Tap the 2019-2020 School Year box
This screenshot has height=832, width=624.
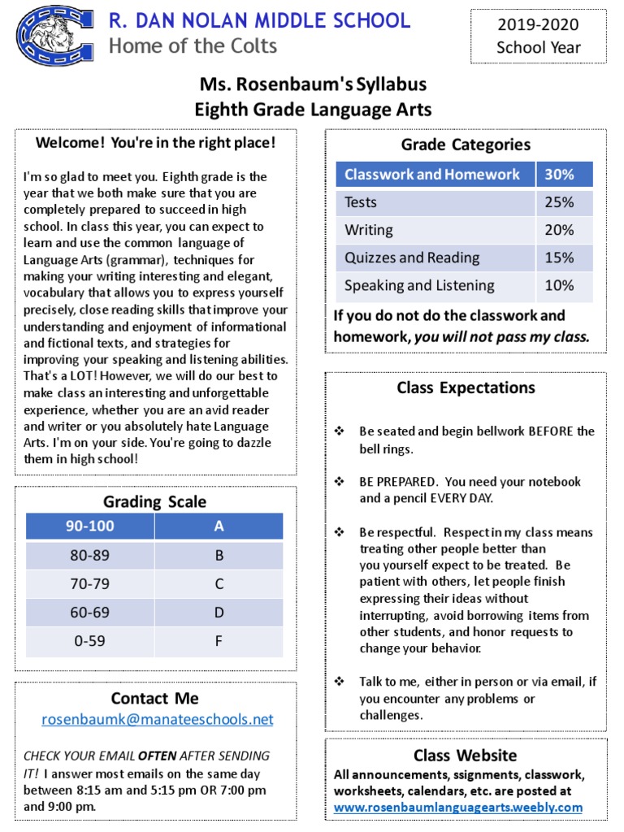(x=539, y=37)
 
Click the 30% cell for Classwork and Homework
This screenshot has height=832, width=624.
(x=559, y=175)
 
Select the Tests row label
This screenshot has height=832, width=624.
(x=361, y=202)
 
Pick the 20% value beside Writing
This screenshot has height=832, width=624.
(x=559, y=230)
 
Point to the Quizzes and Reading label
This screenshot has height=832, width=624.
(x=412, y=258)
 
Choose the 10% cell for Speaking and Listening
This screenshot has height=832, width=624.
(x=559, y=285)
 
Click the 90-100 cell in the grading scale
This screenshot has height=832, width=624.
(x=89, y=526)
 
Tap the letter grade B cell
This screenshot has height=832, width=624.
(x=219, y=557)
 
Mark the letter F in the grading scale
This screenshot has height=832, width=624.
(x=219, y=640)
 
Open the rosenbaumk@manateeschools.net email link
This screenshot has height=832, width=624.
(x=158, y=719)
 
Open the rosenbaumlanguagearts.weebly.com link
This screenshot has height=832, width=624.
(x=458, y=807)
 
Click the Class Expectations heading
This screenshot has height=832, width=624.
(x=466, y=388)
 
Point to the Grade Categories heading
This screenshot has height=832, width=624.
(x=466, y=145)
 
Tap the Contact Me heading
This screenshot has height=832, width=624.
(x=154, y=698)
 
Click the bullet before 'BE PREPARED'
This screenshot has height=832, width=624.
(x=340, y=482)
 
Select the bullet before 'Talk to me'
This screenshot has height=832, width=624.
(x=340, y=682)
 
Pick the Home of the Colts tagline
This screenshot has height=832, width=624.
(x=193, y=46)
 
